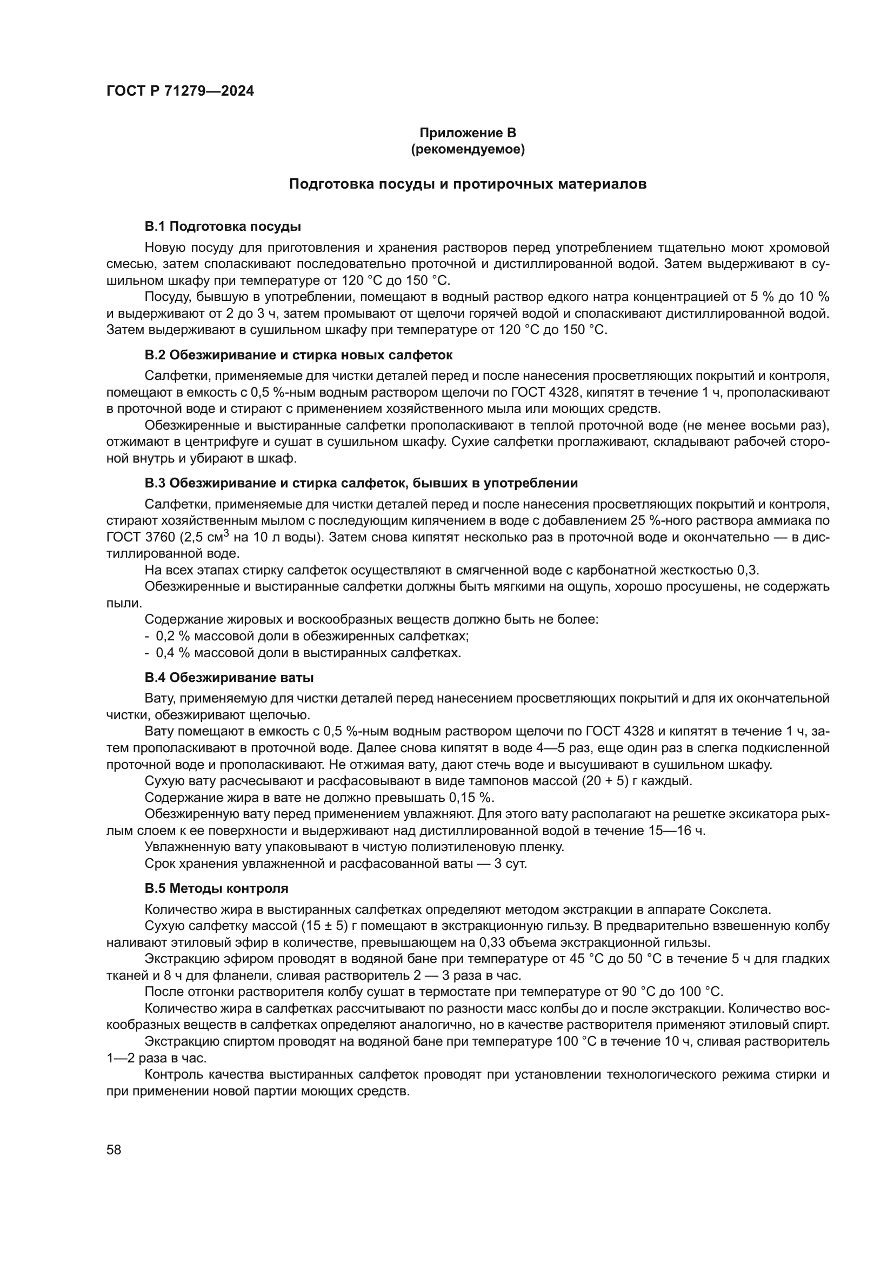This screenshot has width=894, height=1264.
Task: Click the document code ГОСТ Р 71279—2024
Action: pos(180,91)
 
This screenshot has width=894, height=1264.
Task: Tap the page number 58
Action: pos(114,1149)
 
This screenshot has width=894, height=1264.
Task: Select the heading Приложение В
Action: pos(468,133)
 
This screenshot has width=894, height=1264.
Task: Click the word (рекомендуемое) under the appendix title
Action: pos(468,149)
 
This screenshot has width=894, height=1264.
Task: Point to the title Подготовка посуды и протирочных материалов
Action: pos(468,184)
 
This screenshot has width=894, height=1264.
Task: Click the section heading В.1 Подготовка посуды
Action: pos(222,226)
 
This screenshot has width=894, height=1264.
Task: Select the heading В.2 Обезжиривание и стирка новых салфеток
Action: pos(298,355)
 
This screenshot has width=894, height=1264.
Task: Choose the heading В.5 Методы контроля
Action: pos(216,888)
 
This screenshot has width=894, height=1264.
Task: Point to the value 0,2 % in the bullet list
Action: pos(174,637)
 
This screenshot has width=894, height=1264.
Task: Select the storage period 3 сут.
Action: pos(510,863)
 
